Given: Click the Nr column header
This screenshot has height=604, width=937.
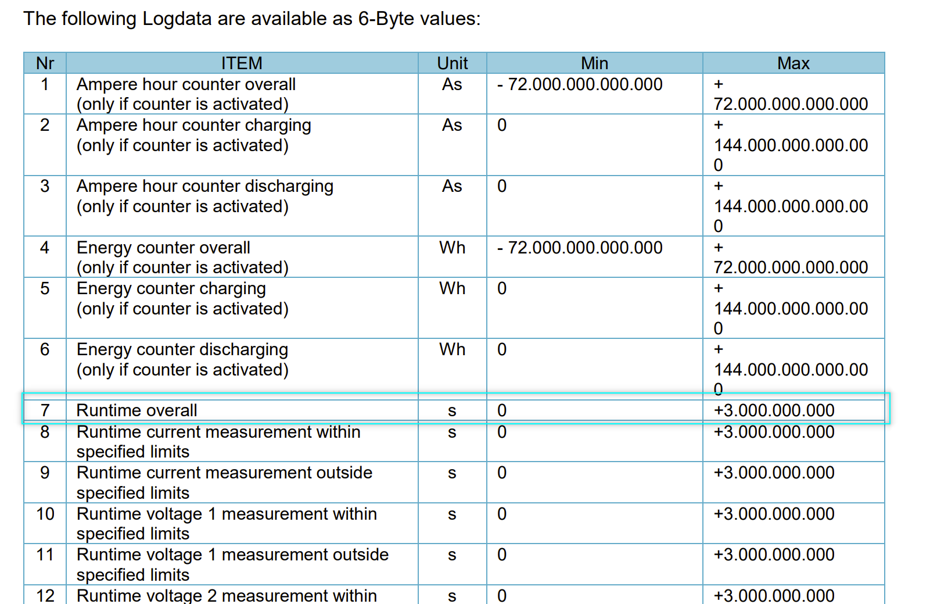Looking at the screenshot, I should point(45,63).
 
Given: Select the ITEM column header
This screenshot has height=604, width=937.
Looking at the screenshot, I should point(242,63).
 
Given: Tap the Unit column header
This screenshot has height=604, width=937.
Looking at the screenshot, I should point(452,63).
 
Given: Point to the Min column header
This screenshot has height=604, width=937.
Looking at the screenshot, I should point(594,63).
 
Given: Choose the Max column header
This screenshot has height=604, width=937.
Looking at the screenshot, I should point(793,63).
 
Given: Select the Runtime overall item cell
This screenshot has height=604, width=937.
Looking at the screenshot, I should point(137,410).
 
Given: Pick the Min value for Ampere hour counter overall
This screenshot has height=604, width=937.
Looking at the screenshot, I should point(580,84).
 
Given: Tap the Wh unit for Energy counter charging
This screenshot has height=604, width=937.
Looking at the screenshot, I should point(452,288).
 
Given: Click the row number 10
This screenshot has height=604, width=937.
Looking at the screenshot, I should point(45,514).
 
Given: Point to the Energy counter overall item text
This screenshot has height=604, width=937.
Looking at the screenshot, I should point(163,248).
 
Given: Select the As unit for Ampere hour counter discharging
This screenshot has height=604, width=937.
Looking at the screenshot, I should point(452,186).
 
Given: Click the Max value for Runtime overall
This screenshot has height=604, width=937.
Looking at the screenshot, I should point(774,410).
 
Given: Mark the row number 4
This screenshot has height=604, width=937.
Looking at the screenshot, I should point(45,248).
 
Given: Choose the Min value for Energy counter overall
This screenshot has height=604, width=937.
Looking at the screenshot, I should point(580,248).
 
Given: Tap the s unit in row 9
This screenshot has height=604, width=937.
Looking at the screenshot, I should point(452,473).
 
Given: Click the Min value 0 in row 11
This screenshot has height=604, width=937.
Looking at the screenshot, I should point(502,555).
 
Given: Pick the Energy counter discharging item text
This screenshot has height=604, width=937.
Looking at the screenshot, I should point(182,349).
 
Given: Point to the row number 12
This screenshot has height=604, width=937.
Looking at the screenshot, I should point(45,595).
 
